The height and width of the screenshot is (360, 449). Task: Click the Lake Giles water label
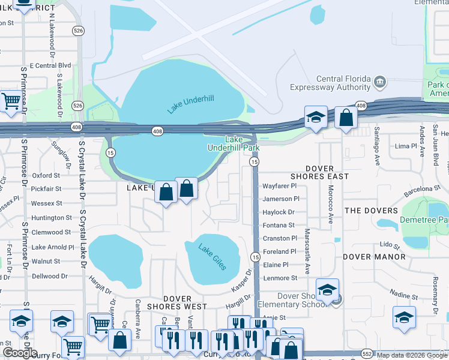212,257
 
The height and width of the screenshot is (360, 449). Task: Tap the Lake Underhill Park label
234,143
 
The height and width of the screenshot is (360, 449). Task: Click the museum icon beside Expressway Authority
379,81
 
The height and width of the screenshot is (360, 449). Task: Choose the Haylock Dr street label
279,212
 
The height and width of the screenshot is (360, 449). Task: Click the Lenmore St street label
280,278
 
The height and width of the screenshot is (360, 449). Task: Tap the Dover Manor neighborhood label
374,257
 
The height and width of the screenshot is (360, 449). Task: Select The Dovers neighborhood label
371,211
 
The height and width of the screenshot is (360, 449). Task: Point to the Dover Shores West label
185,302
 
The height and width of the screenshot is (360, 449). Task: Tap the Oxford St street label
46,176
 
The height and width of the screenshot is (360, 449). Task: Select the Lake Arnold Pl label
53,247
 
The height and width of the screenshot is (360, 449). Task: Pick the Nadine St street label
403,295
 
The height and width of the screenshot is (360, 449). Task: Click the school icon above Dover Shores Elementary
327,290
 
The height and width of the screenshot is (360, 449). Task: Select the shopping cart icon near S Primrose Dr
11,102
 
